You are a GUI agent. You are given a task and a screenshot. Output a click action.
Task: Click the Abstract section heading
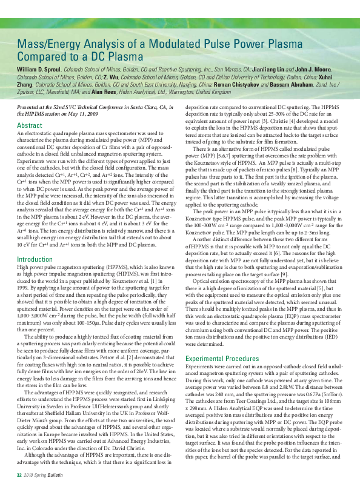30,125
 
